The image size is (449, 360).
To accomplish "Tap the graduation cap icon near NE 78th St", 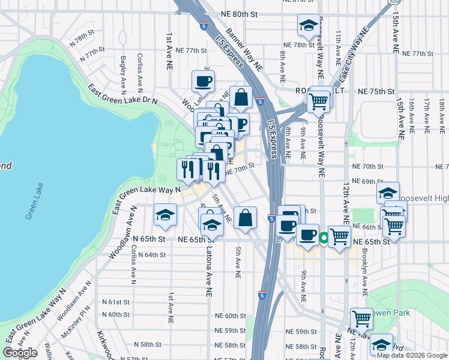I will click(x=309, y=25).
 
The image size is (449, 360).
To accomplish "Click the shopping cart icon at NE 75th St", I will click(x=318, y=100).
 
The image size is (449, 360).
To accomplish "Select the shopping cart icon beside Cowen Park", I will click(x=361, y=318).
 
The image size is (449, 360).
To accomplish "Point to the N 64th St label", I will click(x=151, y=254).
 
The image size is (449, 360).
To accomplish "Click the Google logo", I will click(x=20, y=353).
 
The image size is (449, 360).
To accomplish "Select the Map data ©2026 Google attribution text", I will click(x=411, y=355).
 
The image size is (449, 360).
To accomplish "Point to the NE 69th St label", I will click(x=368, y=181).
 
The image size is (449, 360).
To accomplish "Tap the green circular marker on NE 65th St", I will click(x=324, y=239).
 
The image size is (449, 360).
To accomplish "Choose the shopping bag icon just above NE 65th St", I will click(x=246, y=218).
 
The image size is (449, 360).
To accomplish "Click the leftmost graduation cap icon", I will click(x=164, y=215).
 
